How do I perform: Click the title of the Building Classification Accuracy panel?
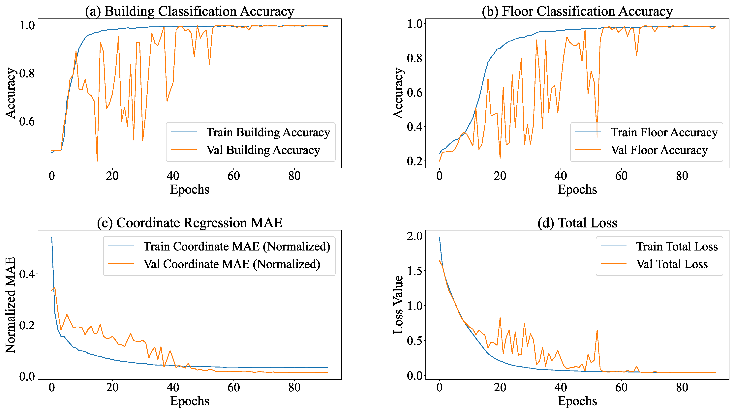[190, 11]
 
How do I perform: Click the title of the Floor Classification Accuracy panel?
[577, 11]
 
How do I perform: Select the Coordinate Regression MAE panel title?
[190, 223]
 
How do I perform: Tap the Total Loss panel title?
[577, 223]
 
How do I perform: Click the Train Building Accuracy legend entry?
[268, 133]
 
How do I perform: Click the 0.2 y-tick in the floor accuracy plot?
[414, 161]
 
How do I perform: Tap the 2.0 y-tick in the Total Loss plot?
[414, 236]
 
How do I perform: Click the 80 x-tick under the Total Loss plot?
[682, 388]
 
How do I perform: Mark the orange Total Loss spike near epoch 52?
[597, 330]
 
